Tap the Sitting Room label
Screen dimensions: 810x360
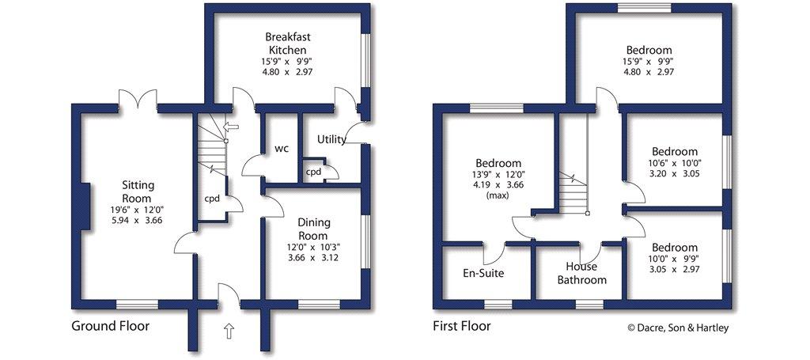138,191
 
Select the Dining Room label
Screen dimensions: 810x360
314,229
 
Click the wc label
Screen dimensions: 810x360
281,149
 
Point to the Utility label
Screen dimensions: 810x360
331,139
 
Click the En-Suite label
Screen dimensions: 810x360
483,273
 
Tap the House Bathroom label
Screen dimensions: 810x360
581,274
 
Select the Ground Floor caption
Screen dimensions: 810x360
110,327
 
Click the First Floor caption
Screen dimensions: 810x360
462,327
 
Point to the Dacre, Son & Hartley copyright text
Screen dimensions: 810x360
678,328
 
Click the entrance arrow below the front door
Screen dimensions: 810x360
229,331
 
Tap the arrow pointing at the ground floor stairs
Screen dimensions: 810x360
231,126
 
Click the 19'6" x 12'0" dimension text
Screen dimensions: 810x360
138,210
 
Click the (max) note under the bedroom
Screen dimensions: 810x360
498,195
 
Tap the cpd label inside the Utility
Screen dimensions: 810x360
312,172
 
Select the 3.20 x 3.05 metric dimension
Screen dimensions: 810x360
675,173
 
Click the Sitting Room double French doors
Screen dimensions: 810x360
138,99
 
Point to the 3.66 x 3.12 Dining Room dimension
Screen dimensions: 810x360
314,257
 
